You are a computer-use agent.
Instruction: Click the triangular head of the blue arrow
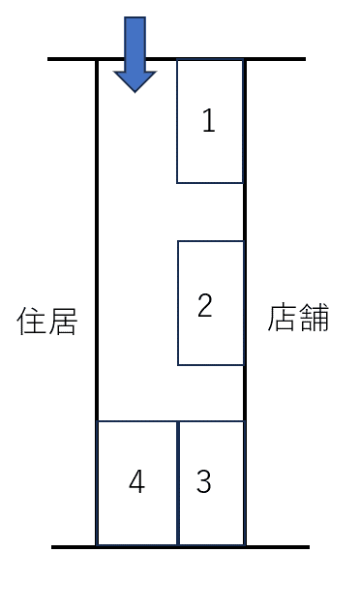(135, 79)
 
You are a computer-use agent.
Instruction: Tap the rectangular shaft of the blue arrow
(135, 43)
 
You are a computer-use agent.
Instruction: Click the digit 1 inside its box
(208, 121)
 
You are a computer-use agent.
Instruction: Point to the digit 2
(204, 306)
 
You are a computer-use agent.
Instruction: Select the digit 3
(203, 481)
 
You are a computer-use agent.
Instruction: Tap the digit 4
(136, 481)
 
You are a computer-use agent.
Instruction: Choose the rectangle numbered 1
(209, 155)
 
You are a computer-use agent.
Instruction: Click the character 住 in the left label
(32, 322)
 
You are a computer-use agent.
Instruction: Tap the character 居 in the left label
(61, 322)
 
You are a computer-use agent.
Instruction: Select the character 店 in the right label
(283, 319)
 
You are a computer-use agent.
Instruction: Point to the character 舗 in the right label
(314, 319)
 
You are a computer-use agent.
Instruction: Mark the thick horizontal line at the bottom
(281, 547)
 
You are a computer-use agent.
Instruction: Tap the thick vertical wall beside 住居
(97, 242)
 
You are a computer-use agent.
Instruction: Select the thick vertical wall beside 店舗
(244, 213)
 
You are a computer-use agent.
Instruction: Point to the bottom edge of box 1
(209, 182)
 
